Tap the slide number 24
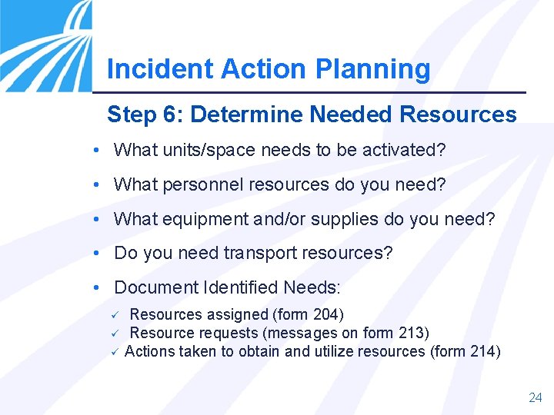536,397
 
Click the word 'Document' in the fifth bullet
156,288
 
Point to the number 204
327,314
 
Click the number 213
411,333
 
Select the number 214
482,352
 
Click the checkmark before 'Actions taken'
113,352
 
